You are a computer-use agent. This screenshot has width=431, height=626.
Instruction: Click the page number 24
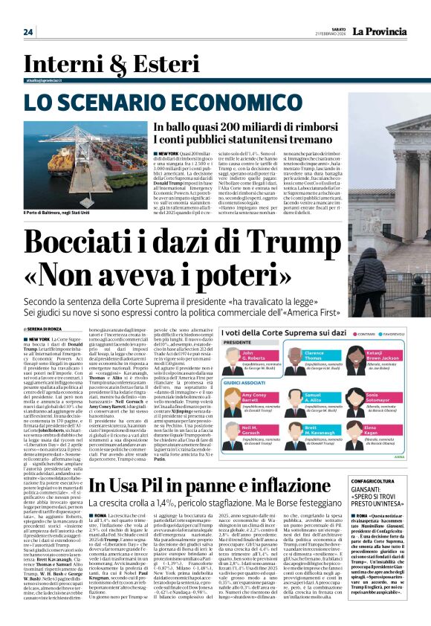coord(29,32)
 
